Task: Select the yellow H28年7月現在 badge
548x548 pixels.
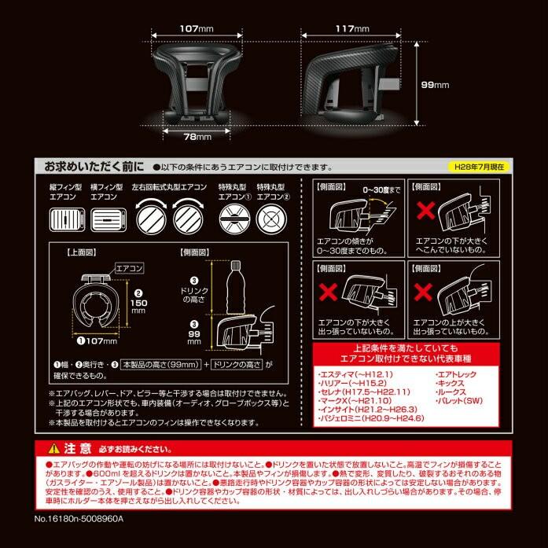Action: pyautogui.click(x=481, y=167)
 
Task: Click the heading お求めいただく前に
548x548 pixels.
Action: pyautogui.click(x=94, y=167)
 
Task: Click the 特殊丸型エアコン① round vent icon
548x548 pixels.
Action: pyautogui.click(x=234, y=221)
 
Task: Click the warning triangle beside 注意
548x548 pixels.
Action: pyautogui.click(x=53, y=449)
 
